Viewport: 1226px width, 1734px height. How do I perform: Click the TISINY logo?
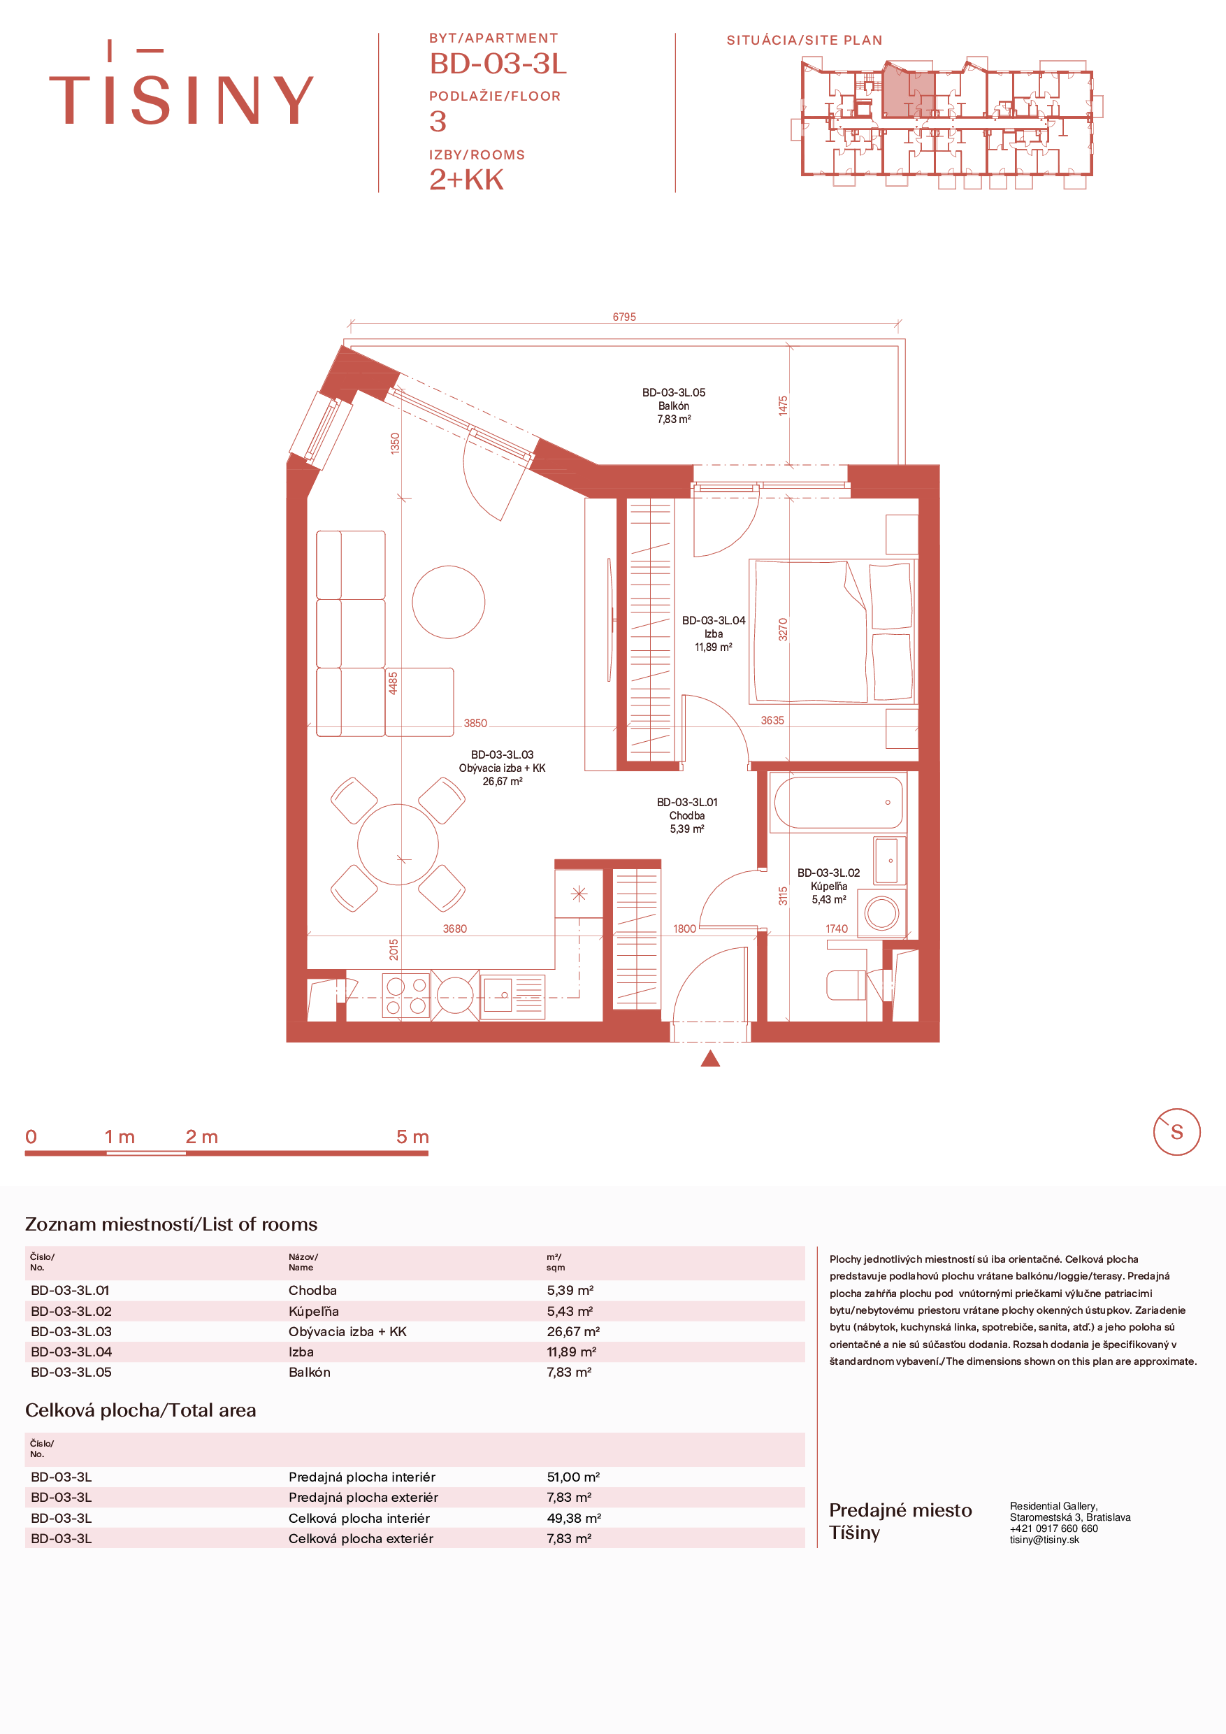pos(181,84)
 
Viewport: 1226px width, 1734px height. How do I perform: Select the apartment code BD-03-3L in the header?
pos(498,64)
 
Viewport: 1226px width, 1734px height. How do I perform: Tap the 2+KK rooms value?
pos(466,180)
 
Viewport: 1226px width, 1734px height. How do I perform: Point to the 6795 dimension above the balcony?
pos(624,317)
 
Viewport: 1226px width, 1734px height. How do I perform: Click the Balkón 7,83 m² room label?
pos(673,406)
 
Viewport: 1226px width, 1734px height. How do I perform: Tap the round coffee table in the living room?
pos(449,602)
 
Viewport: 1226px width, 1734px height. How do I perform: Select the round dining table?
pos(398,845)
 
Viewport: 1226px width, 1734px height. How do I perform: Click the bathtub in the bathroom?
pos(839,802)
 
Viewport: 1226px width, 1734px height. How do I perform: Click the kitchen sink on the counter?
pos(512,997)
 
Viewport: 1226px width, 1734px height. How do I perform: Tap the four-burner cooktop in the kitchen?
pos(406,996)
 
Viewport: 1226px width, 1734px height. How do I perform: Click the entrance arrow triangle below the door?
pos(710,1058)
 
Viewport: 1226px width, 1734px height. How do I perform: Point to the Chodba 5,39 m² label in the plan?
pos(687,816)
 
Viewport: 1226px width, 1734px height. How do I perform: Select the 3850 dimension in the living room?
pos(475,724)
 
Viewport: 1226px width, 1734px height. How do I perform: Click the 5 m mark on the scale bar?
pos(412,1137)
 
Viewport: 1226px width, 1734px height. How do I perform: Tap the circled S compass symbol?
pos(1176,1132)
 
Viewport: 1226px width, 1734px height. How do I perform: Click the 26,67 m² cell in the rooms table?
pos(573,1331)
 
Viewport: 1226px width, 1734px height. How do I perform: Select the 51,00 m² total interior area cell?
pos(573,1477)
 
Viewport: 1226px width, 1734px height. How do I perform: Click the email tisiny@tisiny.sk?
pos(1045,1540)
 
